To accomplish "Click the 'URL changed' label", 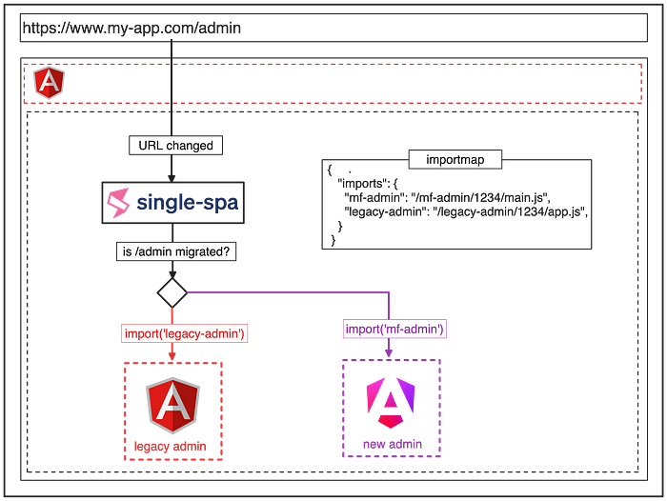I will pyautogui.click(x=171, y=146).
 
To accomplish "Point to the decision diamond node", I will pyautogui.click(x=172, y=290).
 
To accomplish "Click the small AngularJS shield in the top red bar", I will pyautogui.click(x=45, y=84).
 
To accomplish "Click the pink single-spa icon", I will pyautogui.click(x=121, y=203).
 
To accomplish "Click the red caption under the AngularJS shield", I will pyautogui.click(x=172, y=446).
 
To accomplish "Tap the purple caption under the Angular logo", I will pyautogui.click(x=391, y=444).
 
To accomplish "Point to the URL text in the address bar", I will pyautogui.click(x=133, y=28).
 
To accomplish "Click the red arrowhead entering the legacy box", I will pyautogui.click(x=172, y=356).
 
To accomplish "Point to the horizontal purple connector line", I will pyautogui.click(x=286, y=290).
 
